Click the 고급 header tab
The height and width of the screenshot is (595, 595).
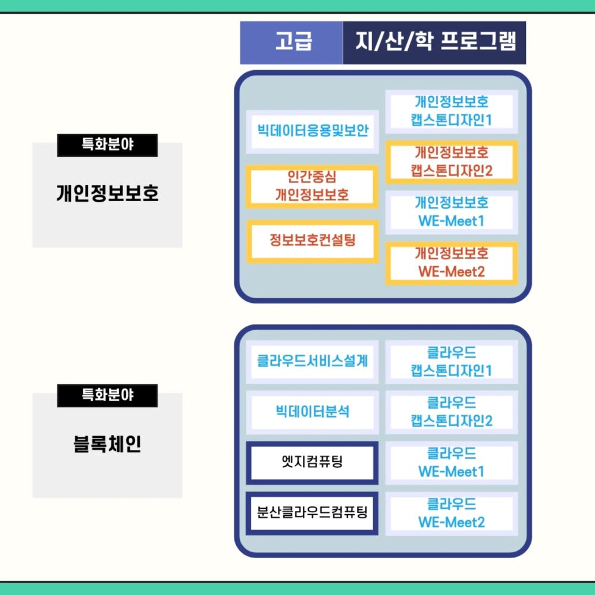coord(292,43)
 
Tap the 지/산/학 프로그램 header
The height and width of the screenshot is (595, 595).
coord(434,43)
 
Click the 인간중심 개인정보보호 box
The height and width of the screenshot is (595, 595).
coord(312,186)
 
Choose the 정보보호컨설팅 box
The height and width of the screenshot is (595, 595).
coord(312,241)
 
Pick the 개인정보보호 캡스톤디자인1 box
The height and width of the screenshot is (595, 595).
coord(452,111)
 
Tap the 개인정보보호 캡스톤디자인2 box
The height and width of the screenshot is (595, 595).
coord(452,162)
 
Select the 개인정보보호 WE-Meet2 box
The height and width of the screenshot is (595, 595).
coord(452,263)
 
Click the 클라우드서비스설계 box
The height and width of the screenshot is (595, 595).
coord(312,361)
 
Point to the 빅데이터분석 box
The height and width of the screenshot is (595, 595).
coord(312,412)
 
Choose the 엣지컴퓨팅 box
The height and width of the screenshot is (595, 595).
coord(312,462)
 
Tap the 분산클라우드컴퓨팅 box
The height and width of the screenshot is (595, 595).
coord(312,512)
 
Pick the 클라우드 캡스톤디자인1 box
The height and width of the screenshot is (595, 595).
coord(452,361)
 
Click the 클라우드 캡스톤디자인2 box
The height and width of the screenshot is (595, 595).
coord(452,412)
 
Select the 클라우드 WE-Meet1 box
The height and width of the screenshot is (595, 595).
coord(452,462)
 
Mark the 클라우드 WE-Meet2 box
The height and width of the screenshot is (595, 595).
coord(452,513)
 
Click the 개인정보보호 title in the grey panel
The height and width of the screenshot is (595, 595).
coord(108,194)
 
